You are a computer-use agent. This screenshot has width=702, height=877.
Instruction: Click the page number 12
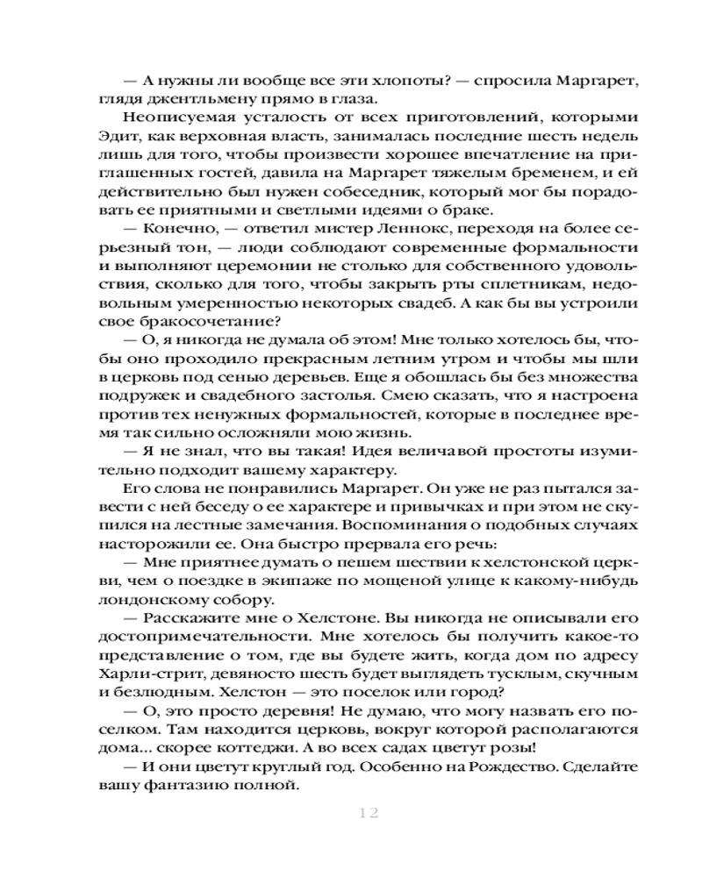click(368, 813)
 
